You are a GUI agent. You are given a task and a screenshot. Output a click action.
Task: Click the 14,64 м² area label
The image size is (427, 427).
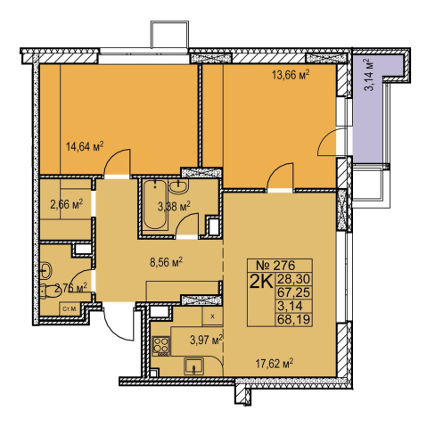click(85, 147)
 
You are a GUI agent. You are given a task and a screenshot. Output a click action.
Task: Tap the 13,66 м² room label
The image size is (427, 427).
click(291, 75)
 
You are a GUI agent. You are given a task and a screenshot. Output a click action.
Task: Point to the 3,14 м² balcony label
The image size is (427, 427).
click(369, 75)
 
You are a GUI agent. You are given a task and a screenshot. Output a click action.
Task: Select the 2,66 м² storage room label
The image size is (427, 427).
click(66, 204)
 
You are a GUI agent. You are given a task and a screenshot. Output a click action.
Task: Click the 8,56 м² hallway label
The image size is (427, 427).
click(166, 262)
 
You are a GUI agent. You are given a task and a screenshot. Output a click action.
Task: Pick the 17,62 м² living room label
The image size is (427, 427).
click(275, 363)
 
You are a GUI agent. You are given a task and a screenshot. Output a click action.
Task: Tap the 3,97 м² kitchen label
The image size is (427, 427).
click(206, 340)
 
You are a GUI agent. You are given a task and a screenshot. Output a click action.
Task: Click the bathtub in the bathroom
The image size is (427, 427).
click(154, 204)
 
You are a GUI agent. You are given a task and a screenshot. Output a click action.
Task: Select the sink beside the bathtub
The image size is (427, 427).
click(178, 187)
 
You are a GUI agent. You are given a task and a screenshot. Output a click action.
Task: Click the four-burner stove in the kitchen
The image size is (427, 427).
click(161, 346)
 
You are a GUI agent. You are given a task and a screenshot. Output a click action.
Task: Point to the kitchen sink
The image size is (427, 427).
click(193, 366)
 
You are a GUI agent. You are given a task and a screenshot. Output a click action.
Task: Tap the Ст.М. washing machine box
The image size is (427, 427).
click(70, 309)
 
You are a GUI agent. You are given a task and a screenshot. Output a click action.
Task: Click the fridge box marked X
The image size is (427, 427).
click(212, 316)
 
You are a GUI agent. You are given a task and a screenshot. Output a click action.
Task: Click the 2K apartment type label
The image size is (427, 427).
click(261, 282)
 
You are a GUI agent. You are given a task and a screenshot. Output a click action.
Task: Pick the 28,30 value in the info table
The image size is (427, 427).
click(293, 279)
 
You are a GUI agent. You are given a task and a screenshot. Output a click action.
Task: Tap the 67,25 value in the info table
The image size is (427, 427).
click(293, 293)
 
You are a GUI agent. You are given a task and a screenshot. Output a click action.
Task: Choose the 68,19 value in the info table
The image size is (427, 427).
click(293, 320)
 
